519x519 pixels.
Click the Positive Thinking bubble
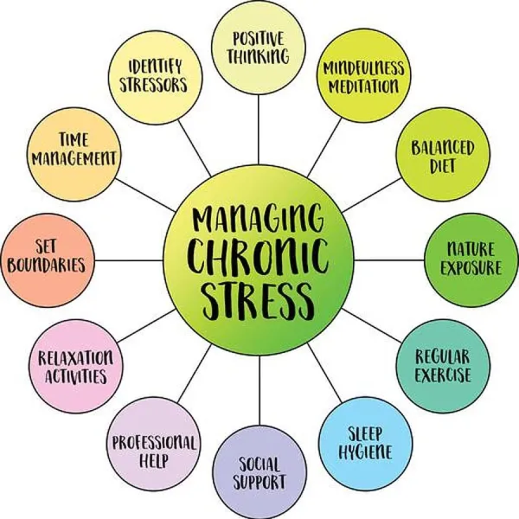[259, 48]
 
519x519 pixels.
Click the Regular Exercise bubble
[443, 367]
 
